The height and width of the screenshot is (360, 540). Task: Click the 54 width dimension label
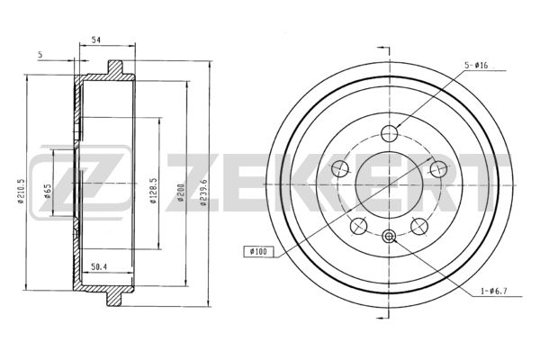tap(95, 40)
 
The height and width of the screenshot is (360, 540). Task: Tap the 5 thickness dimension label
tap(40, 54)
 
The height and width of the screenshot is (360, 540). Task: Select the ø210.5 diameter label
tap(21, 191)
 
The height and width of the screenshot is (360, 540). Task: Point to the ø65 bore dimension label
tap(48, 191)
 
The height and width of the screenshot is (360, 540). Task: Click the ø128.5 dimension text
tap(154, 191)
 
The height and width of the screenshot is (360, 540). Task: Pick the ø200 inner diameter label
tap(182, 193)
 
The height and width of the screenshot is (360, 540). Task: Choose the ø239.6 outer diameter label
tap(203, 193)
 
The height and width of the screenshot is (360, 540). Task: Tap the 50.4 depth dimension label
tap(98, 266)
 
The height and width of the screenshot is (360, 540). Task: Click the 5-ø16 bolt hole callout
tap(476, 65)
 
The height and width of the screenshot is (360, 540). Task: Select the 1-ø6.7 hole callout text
tap(493, 292)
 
